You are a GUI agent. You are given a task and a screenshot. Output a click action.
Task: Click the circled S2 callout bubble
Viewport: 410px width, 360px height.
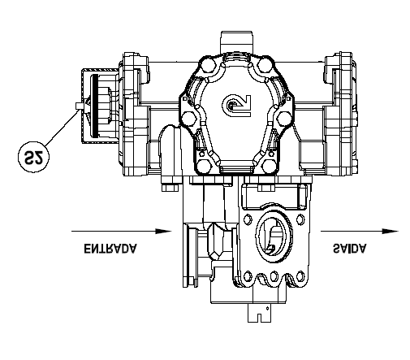tap(34, 157)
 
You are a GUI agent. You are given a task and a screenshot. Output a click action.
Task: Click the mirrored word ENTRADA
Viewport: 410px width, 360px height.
tap(110, 249)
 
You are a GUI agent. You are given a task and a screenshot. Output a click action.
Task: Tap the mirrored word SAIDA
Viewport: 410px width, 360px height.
tap(350, 248)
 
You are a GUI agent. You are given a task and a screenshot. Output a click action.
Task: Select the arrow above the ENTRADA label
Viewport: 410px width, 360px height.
tap(122, 231)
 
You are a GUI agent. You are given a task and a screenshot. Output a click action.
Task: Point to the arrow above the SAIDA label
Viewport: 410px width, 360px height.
tap(360, 231)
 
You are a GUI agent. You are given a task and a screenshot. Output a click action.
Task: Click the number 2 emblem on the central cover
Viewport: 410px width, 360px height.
tap(236, 106)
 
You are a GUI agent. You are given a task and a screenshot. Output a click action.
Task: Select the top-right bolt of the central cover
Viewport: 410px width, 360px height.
tap(265, 64)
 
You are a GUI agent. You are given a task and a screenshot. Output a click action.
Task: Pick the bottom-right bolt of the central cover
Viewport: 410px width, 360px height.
tap(270, 166)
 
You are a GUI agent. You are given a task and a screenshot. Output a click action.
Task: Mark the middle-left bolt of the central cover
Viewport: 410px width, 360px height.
tap(188, 119)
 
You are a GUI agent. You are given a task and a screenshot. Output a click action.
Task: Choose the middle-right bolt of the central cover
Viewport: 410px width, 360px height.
tap(284, 118)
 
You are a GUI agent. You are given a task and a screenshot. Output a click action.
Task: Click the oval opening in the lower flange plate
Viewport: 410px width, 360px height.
tap(274, 236)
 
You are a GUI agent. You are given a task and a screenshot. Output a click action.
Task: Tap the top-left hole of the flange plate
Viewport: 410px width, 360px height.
tap(247, 219)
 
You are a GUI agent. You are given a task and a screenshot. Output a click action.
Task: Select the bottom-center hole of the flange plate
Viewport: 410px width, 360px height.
tap(274, 276)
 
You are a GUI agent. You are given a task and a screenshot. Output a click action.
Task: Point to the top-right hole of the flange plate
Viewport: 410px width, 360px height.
tap(300, 219)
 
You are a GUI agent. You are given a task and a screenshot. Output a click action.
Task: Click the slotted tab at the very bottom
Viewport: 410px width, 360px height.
tap(259, 313)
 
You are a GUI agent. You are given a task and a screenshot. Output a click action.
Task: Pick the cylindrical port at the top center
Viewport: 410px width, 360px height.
tap(237, 42)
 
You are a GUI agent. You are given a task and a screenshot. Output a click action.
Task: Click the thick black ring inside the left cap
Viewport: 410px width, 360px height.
tap(95, 106)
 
